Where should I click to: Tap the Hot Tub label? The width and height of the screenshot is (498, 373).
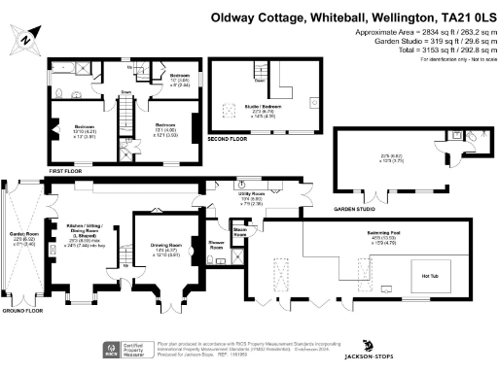pos(431,277)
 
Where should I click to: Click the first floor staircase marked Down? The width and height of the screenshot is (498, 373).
pos(124,114)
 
